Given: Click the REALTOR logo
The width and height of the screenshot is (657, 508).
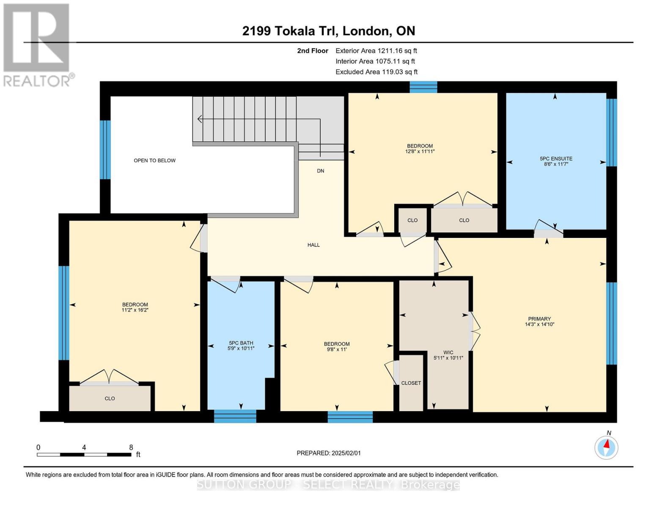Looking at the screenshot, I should point(37,44).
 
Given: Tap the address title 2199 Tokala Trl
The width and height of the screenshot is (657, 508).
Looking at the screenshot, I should point(328,31).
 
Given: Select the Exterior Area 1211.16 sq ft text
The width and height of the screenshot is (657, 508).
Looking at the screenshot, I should point(376,51).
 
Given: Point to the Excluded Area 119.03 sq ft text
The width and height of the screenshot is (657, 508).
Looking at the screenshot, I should point(377,72).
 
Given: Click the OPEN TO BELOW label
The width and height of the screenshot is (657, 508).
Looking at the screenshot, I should point(154,160).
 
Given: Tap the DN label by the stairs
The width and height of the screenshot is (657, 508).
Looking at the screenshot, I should point(321,171).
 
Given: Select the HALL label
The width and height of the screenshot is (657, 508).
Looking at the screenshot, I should point(313,245).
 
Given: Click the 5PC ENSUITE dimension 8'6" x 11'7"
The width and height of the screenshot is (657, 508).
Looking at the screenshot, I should point(556,164).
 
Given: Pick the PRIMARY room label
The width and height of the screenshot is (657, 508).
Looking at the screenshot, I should point(539,319).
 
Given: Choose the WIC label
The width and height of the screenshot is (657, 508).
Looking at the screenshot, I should point(448,352).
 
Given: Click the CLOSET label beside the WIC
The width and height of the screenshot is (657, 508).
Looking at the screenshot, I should point(411,383).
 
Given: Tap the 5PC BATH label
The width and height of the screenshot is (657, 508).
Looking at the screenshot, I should point(241,343).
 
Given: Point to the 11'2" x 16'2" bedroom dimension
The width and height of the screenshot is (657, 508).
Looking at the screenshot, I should point(135,310).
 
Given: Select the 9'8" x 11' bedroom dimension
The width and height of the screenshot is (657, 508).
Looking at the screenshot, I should point(337,350).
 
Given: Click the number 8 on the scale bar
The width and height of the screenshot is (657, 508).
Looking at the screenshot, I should point(131,447).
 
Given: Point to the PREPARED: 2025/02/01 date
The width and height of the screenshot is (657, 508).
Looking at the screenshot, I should point(329,453).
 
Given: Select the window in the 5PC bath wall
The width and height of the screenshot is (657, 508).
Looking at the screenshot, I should point(235,417).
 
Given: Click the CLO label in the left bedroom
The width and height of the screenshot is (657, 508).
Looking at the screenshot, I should point(110,399).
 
